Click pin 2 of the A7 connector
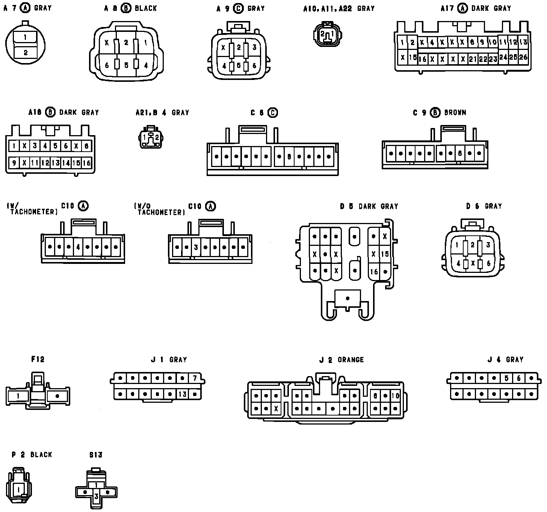[25, 53]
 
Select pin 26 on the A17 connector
[523, 57]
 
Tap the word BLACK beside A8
[146, 8]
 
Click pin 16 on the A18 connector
[86, 163]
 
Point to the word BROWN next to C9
[455, 112]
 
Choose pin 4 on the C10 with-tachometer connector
[78, 247]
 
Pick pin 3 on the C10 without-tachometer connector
[196, 247]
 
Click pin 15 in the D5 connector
[385, 254]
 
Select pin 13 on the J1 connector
[183, 395]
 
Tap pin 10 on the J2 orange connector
[395, 396]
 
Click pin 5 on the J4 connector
[506, 378]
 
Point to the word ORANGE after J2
[351, 360]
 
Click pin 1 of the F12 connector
[18, 396]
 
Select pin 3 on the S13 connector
[96, 496]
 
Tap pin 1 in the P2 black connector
[19, 489]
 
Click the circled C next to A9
[239, 8]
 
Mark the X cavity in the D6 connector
[473, 264]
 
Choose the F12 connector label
[38, 359]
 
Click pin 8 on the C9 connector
[460, 154]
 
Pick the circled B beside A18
[50, 112]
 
